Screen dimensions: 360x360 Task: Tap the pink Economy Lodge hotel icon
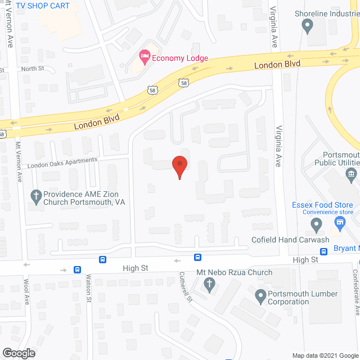[x=144, y=56]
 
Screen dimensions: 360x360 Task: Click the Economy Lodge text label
[x=173, y=58]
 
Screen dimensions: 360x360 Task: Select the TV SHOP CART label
[x=43, y=6]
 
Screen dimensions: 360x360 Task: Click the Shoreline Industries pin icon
[x=307, y=25]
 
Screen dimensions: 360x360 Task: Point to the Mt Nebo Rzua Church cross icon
[x=210, y=285]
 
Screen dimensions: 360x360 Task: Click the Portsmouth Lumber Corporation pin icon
[x=260, y=295]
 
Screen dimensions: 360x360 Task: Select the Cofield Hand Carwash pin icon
[x=316, y=226]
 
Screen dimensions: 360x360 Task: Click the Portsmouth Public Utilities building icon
[x=352, y=174]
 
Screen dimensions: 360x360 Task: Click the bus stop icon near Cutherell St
[x=198, y=257]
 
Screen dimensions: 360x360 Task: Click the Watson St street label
[x=89, y=287]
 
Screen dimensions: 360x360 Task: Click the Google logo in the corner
[x=18, y=353]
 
